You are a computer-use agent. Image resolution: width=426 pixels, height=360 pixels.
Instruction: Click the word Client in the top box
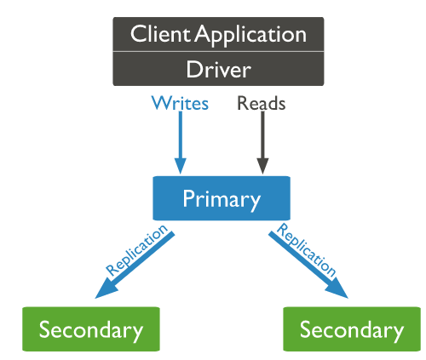(159, 34)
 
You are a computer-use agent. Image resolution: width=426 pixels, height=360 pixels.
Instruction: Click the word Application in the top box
(250, 35)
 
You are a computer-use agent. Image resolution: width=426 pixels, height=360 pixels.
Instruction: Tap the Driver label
(219, 69)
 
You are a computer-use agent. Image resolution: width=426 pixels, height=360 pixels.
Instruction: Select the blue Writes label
(180, 103)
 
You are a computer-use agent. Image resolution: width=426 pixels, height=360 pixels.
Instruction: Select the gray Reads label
(262, 103)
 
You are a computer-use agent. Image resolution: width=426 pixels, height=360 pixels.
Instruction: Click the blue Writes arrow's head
(181, 166)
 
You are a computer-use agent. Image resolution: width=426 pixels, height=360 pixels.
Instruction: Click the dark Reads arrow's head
(262, 166)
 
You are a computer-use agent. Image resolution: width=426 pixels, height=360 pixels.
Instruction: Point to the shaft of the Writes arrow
(181, 134)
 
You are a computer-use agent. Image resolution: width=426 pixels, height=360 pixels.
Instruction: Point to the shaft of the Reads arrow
(262, 134)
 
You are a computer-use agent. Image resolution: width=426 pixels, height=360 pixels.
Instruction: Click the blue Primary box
(222, 198)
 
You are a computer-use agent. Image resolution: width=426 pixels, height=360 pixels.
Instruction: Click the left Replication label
(136, 249)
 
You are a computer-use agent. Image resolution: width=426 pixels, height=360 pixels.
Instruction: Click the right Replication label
(307, 249)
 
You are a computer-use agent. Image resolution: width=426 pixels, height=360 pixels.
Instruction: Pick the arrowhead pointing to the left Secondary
(104, 290)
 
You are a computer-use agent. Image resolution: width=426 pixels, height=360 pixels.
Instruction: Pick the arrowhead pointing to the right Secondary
(339, 290)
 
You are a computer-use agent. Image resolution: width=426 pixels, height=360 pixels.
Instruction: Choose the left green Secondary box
(91, 329)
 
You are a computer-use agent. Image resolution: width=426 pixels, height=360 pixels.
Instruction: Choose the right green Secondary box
(352, 329)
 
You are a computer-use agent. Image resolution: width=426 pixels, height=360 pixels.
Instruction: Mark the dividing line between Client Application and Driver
(218, 52)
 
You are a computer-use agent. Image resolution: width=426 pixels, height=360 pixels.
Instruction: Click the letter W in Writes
(161, 103)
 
